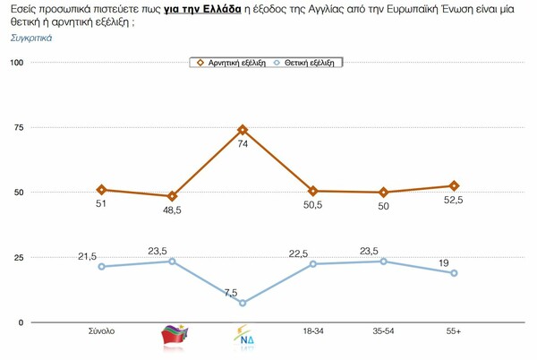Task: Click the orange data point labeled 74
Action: tap(243, 130)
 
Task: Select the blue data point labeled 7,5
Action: tap(243, 303)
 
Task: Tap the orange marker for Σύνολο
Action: tap(102, 190)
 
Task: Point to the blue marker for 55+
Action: tap(454, 273)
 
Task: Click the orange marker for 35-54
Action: tap(383, 193)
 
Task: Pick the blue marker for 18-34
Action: tap(313, 263)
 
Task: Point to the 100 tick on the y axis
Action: tap(17, 62)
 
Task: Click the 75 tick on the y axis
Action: tap(20, 127)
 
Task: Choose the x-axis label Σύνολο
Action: tap(102, 332)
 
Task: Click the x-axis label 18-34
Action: tap(313, 332)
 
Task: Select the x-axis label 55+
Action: tap(454, 332)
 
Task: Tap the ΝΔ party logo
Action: tap(243, 338)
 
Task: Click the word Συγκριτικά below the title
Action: tap(31, 39)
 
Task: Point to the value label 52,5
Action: tap(456, 201)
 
